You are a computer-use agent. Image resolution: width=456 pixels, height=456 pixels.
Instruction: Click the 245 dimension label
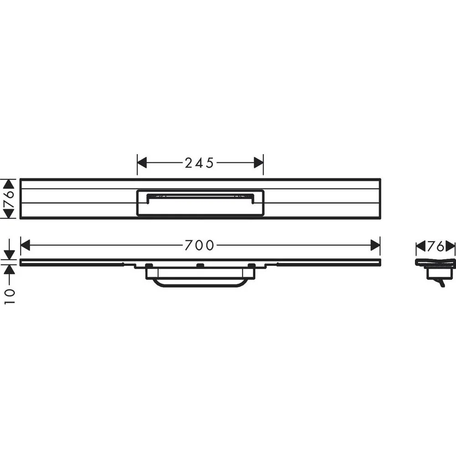coord(200,163)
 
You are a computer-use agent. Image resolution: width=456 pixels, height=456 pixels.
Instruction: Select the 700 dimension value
coord(200,245)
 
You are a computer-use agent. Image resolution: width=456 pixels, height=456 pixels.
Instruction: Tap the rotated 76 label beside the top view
coord(9,199)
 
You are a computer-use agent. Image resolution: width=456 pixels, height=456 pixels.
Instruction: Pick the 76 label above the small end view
coord(435,247)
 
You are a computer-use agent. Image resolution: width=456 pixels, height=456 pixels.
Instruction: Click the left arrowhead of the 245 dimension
coord(142,163)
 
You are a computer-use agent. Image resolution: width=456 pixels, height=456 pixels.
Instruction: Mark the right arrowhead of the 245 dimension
coord(259,163)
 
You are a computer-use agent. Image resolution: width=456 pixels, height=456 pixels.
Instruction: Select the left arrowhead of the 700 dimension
coord(25,245)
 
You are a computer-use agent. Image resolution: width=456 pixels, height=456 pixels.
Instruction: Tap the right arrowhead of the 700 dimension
coord(375,245)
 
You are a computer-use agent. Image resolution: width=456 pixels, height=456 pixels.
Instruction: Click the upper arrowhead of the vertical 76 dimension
coord(9,184)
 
